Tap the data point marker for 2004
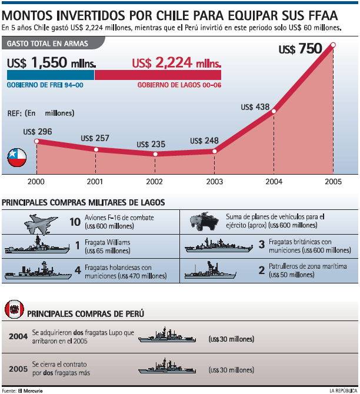[274, 111]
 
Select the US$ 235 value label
[151, 144]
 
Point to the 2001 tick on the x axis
[95, 182]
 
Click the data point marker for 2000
[36, 141]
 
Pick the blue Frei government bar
[51, 75]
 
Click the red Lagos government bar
[158, 75]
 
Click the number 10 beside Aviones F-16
[75, 222]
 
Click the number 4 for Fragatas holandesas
[78, 271]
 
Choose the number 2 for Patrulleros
[262, 271]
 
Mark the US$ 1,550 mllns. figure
[52, 62]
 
